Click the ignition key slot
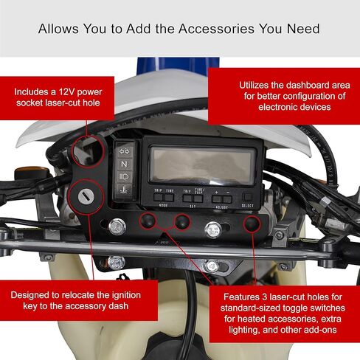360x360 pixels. [x=86, y=197]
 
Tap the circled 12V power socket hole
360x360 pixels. [x=88, y=151]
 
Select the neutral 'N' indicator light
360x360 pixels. [x=125, y=164]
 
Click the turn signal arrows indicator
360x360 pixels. [x=125, y=151]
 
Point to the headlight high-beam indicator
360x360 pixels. [x=125, y=176]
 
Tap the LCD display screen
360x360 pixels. [x=202, y=165]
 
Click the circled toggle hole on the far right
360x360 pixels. [x=252, y=224]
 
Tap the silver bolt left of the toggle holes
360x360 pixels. [x=117, y=226]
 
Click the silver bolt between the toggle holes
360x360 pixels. [x=213, y=229]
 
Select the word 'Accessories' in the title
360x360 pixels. [x=216, y=29]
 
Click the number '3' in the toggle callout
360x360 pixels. [x=265, y=297]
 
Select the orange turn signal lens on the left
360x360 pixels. [x=32, y=170]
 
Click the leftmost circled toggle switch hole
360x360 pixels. [x=148, y=221]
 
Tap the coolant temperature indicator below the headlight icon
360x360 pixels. [x=125, y=190]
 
